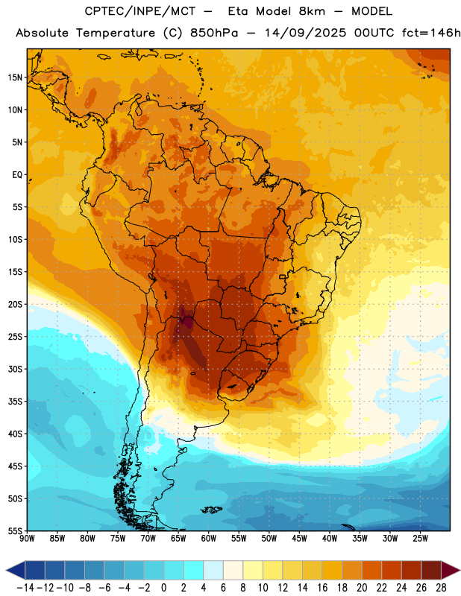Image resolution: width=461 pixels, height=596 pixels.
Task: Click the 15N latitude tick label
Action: (15, 77)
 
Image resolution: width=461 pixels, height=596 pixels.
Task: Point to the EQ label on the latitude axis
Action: (17, 175)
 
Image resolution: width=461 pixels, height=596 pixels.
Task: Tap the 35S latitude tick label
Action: (15, 402)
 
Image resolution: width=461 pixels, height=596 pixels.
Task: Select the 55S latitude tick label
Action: (15, 530)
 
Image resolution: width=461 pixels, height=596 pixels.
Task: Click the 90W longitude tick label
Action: (27, 538)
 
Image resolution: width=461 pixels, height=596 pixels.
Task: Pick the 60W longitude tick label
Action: (209, 538)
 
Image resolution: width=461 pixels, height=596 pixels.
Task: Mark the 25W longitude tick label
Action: (420, 538)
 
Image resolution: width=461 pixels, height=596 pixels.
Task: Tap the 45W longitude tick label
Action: (300, 538)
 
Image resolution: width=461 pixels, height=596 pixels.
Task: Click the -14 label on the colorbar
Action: (25, 588)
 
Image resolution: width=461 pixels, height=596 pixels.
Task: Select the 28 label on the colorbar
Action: (441, 588)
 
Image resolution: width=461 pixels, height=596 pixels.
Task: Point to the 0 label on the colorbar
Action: (163, 588)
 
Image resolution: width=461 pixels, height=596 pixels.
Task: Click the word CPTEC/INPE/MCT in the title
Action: (139, 11)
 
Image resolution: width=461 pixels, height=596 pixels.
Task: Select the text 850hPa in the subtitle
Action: (213, 33)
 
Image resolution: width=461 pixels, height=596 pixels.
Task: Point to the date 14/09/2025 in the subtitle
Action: (306, 33)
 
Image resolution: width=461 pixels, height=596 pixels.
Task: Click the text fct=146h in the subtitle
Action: (431, 33)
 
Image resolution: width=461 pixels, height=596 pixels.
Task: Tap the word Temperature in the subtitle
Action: (116, 34)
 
